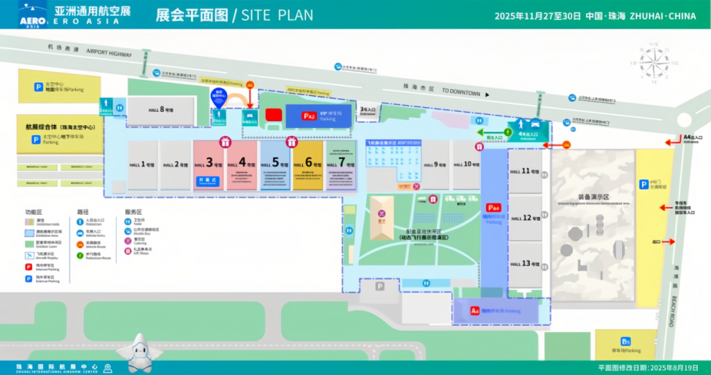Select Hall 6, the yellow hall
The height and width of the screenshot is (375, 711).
308,165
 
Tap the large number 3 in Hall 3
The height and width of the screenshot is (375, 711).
210,162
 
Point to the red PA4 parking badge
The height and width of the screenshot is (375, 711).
493,207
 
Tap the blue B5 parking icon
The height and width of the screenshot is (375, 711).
626,341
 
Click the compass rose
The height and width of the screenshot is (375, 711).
653,63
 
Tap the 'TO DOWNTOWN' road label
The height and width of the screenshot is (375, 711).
460,92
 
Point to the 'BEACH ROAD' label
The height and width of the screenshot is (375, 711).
676,299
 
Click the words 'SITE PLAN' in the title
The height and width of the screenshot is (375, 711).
276,15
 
